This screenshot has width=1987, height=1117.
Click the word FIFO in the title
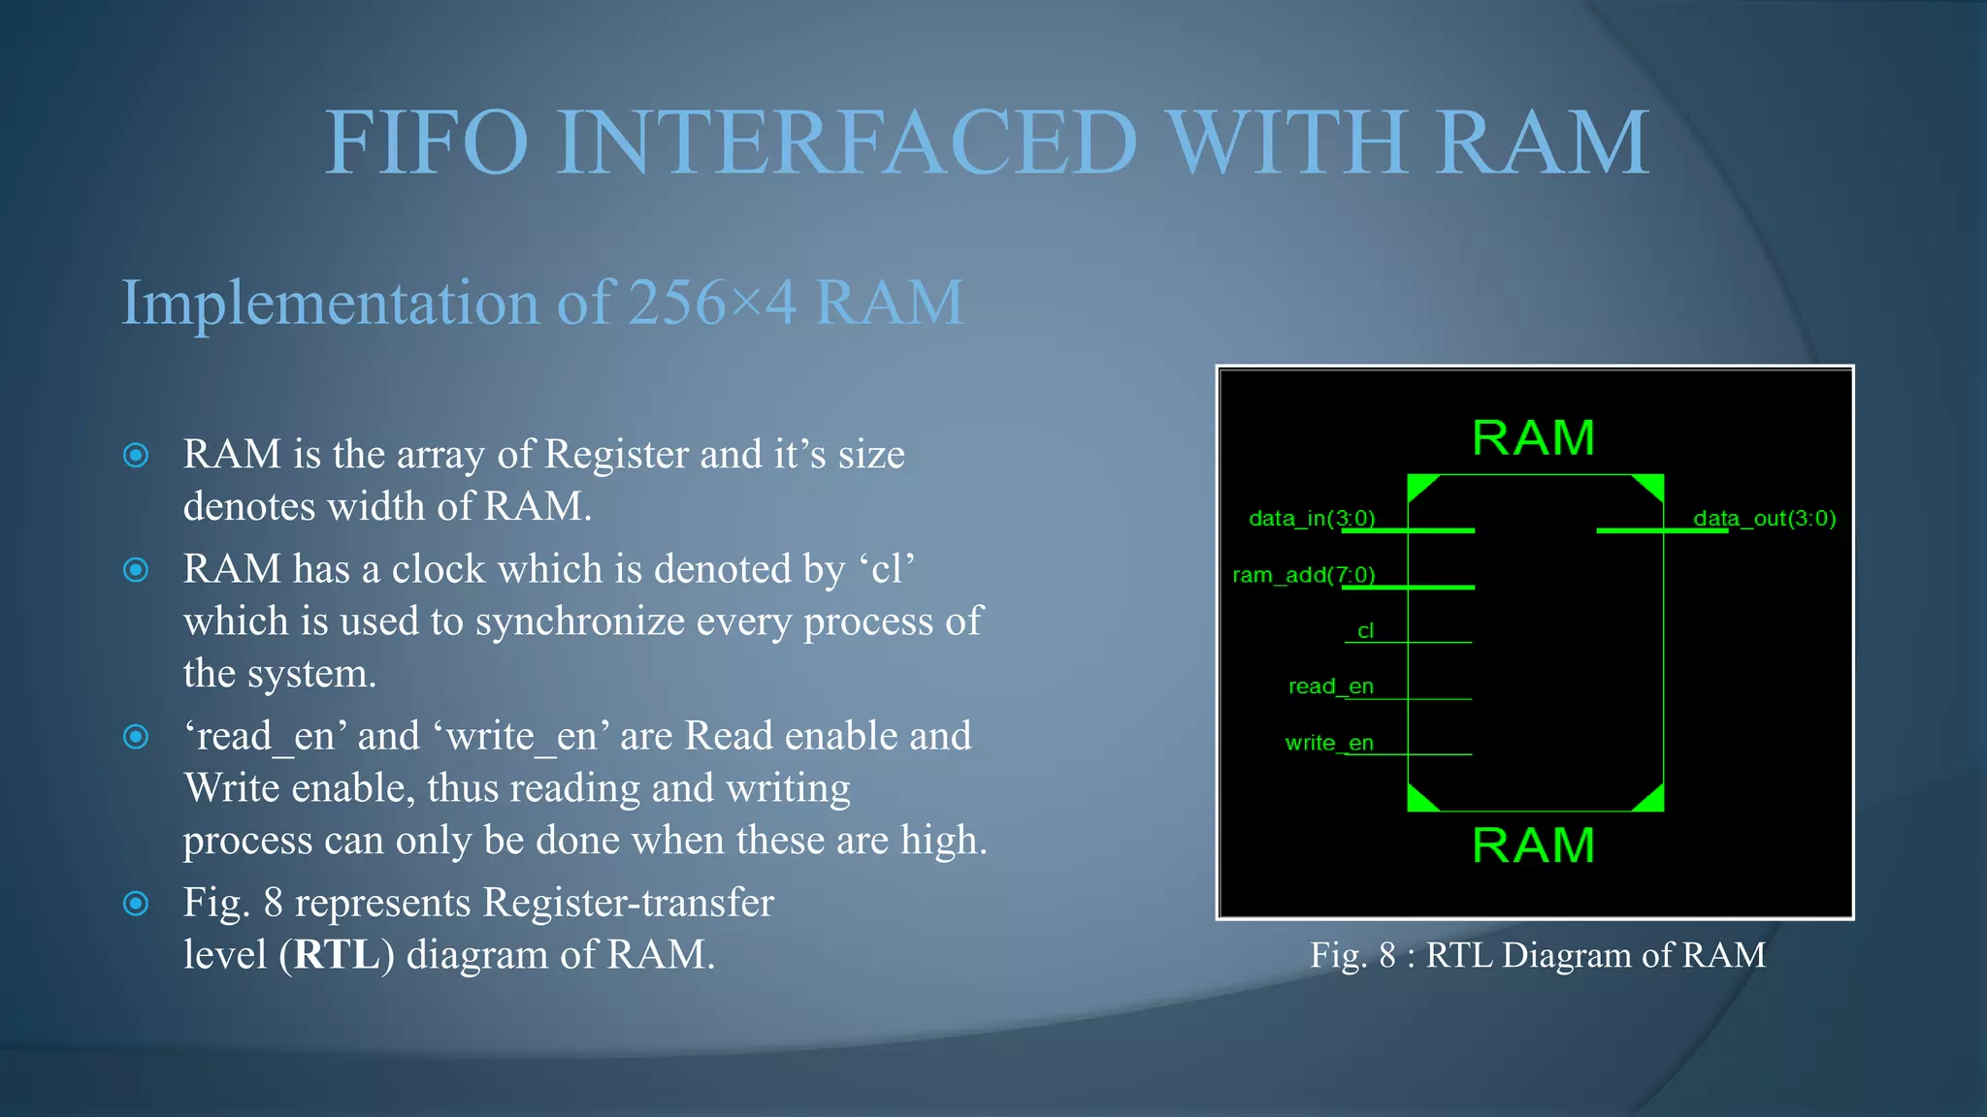pos(426,144)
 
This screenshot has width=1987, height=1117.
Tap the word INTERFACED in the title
pos(846,144)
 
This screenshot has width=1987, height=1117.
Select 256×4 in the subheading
pos(712,303)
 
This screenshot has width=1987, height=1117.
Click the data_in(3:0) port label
pos(1312,519)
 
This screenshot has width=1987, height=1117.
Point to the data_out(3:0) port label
pos(1764,519)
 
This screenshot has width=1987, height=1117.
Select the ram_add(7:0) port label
pos(1303,575)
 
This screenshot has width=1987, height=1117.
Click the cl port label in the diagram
pos(1365,631)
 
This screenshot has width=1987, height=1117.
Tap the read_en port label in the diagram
pos(1330,686)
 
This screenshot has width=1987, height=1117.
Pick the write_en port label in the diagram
pos(1328,743)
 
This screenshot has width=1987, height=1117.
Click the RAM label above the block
pos(1533,438)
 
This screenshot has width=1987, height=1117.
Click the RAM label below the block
pos(1533,846)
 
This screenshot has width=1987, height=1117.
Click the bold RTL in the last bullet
pos(337,955)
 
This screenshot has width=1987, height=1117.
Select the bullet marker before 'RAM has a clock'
pos(137,570)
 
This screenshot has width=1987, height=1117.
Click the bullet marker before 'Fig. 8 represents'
pos(137,904)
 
